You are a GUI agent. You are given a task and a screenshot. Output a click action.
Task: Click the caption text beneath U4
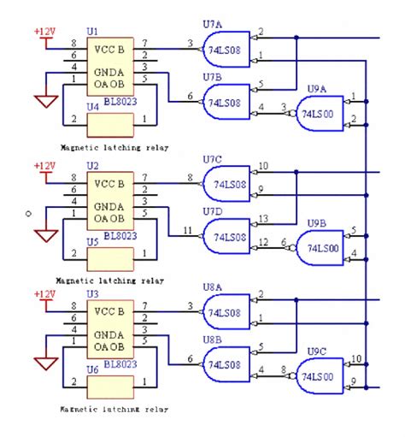coord(108,147)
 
